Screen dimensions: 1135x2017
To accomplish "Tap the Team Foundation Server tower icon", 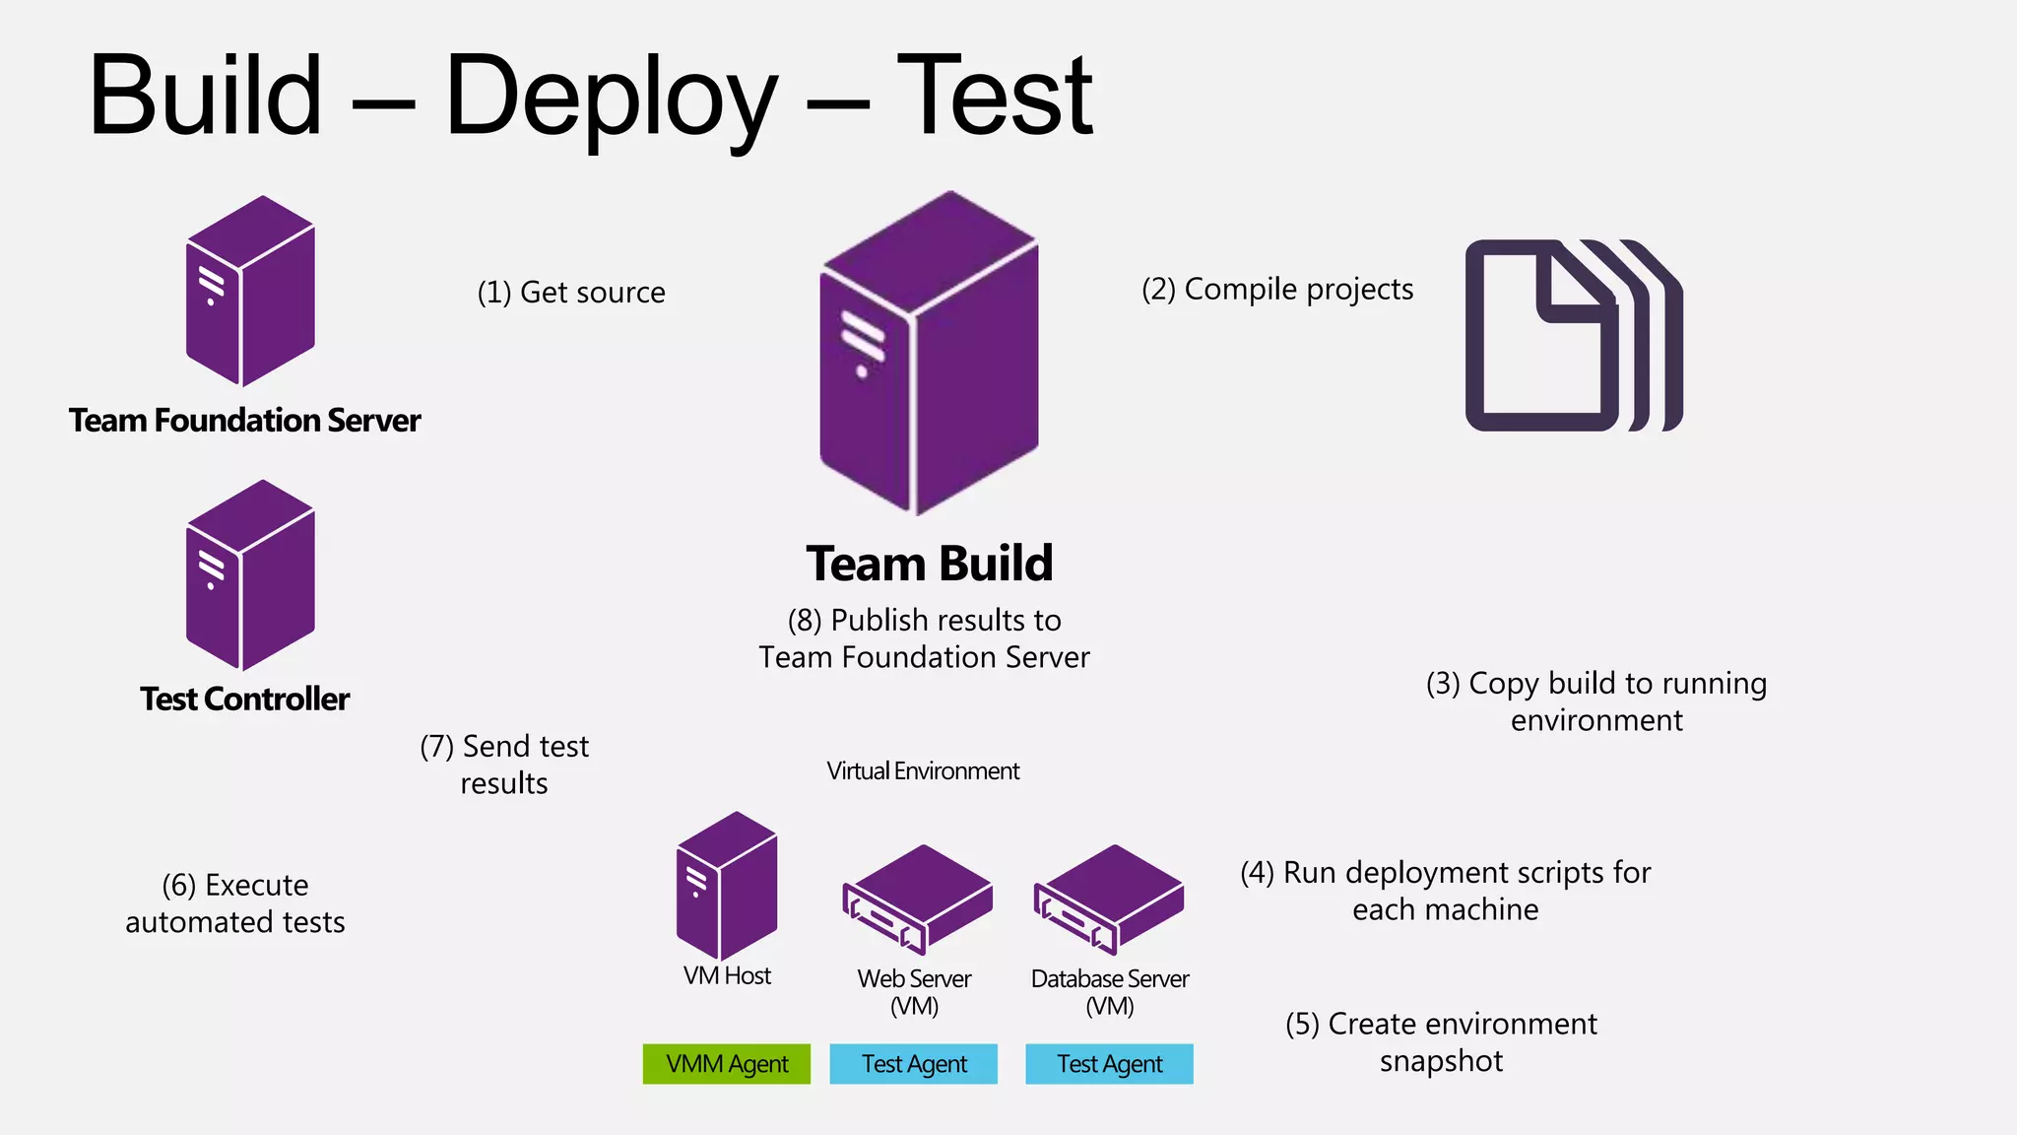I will click(x=250, y=292).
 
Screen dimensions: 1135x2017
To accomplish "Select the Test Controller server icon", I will click(x=250, y=575).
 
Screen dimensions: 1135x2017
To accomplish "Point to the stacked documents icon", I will click(x=1573, y=335).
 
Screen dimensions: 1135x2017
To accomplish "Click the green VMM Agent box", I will click(x=727, y=1064).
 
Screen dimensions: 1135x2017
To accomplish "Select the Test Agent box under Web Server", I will click(x=913, y=1064).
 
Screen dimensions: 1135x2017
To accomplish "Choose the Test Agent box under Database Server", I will click(x=1109, y=1064).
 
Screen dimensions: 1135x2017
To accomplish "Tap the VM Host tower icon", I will click(x=727, y=886).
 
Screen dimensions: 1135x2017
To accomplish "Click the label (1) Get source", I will click(x=571, y=293).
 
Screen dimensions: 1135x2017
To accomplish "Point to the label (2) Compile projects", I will click(x=1277, y=290).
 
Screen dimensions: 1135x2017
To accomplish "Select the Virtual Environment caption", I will click(x=923, y=771).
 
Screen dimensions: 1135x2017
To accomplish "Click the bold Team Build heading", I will click(x=929, y=564).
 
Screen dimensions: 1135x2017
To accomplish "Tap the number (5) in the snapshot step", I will click(x=1302, y=1025).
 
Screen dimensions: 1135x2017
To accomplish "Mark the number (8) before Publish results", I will click(x=805, y=621).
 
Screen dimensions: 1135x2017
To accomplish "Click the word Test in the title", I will click(x=995, y=97).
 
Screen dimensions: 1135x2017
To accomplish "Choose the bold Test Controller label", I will click(x=244, y=700).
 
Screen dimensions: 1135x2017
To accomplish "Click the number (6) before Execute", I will click(x=179, y=886).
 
